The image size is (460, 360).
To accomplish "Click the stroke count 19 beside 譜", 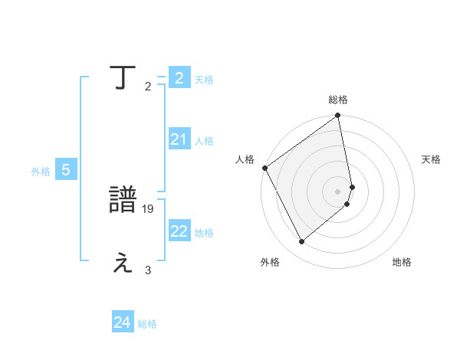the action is (149, 208).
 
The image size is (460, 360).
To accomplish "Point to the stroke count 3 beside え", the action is (148, 270).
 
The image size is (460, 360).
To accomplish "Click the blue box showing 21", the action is (179, 139).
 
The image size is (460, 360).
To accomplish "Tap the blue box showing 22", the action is (179, 231).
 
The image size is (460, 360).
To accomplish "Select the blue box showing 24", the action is (123, 323).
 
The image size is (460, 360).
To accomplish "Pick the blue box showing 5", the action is (66, 170).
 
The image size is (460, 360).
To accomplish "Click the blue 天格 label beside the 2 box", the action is (204, 80).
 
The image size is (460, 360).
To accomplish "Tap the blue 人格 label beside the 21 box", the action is (204, 141).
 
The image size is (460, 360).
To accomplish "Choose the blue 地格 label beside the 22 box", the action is (204, 233).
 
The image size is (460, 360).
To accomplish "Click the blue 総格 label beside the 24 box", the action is (147, 325).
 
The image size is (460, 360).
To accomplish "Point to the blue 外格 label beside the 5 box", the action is (41, 172).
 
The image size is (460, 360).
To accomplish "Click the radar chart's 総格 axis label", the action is (338, 100).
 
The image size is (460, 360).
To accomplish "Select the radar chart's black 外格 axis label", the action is (270, 263).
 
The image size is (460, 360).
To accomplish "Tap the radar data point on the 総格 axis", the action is (338, 116).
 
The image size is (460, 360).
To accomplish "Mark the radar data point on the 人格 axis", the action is (264, 168).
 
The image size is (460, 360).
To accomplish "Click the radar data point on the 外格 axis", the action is (302, 242).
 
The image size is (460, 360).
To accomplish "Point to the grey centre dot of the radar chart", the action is (338, 191).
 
